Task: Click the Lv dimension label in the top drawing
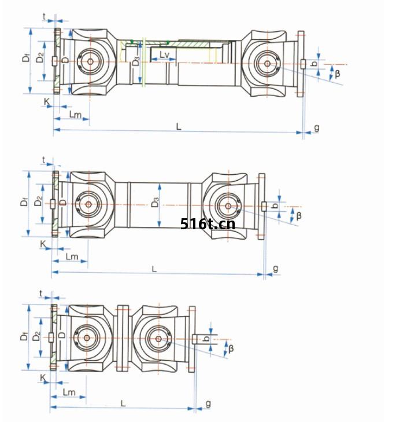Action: [x=164, y=54]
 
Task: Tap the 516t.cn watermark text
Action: [x=208, y=224]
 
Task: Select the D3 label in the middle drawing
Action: [x=155, y=203]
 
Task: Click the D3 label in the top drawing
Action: [x=136, y=61]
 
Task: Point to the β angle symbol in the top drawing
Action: [x=337, y=74]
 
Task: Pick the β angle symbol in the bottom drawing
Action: [x=231, y=349]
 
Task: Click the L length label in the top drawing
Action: [x=179, y=126]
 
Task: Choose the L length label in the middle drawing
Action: [x=154, y=269]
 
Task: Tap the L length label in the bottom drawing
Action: [x=123, y=403]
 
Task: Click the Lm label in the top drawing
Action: [x=75, y=115]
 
